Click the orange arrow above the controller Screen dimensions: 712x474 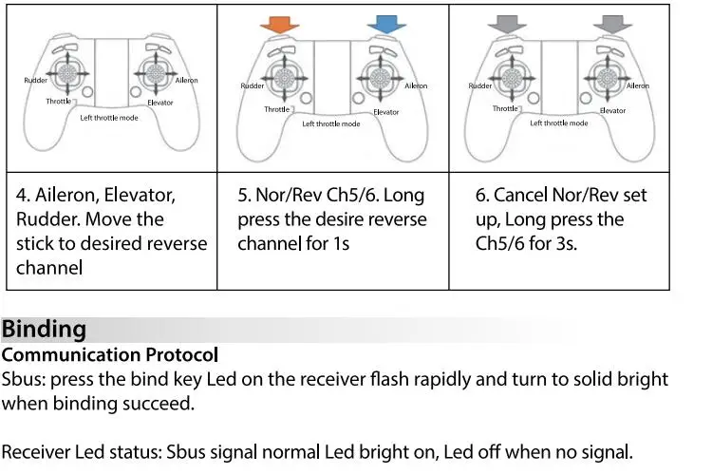click(280, 24)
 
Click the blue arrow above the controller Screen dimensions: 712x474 click(386, 24)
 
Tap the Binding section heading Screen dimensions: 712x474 click(44, 330)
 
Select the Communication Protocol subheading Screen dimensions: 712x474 click(110, 355)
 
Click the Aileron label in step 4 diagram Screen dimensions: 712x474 click(187, 80)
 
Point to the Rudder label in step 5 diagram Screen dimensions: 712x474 click(252, 85)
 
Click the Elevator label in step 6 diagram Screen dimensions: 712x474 click(612, 110)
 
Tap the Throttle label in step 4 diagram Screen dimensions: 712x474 click(59, 101)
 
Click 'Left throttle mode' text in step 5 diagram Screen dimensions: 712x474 click(331, 123)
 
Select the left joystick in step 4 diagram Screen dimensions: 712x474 click(67, 73)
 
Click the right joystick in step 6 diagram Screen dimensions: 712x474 click(607, 78)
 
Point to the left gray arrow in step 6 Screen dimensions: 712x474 click(507, 24)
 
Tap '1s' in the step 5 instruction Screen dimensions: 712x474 click(341, 243)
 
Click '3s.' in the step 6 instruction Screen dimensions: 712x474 click(566, 243)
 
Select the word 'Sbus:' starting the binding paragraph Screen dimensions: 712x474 click(24, 379)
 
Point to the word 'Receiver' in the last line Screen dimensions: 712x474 click(35, 452)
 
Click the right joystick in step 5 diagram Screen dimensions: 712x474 click(380, 78)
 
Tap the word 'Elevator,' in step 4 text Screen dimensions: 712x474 click(140, 195)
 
